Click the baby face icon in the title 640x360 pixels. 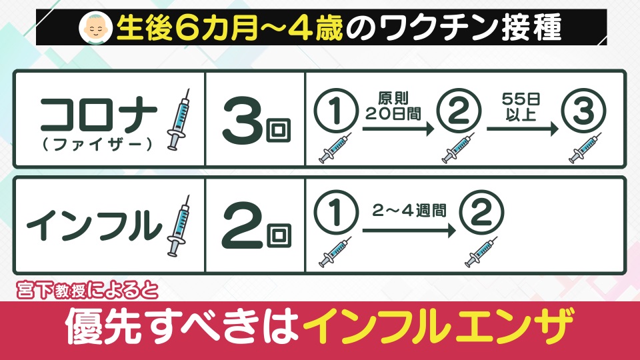pos(96,27)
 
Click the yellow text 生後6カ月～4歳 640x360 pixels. pos(230,28)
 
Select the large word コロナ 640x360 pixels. pos(99,115)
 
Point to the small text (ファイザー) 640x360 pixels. pos(97,145)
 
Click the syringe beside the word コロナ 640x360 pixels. pos(179,119)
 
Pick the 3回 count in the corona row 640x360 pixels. pos(256,119)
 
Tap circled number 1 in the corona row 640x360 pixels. pos(336,110)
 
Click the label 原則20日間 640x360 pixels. pos(393,106)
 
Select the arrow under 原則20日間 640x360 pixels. pos(399,129)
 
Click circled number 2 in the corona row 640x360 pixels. pos(459,110)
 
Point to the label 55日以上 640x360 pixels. pos(521,107)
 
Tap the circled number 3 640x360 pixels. pos(584,110)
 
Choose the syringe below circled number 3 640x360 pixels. pos(585,148)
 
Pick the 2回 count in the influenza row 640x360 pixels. pos(256,226)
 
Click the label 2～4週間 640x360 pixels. pos(409,211)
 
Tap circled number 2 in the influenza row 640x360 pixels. pos(481,212)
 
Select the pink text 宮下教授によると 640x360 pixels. pos(87,291)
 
